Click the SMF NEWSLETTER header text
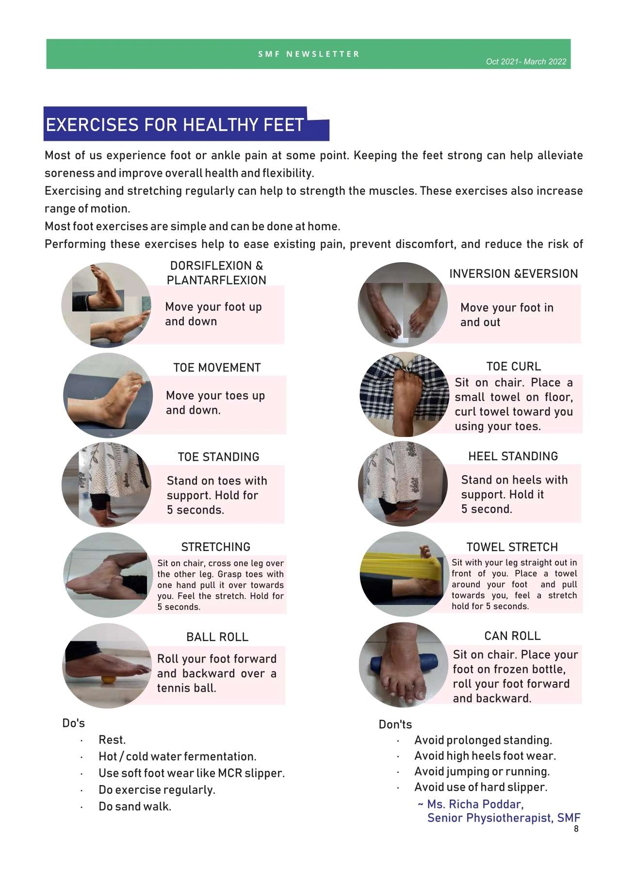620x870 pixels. pyautogui.click(x=309, y=54)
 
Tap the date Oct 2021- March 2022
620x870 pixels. pyautogui.click(x=526, y=62)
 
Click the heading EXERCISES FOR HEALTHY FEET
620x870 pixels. pyautogui.click(x=175, y=125)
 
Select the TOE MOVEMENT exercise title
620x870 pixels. pyautogui.click(x=217, y=368)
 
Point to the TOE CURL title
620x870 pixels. pyautogui.click(x=513, y=366)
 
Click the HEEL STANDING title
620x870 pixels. pyautogui.click(x=513, y=456)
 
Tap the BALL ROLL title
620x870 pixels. pyautogui.click(x=217, y=636)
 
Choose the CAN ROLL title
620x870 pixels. pyautogui.click(x=512, y=636)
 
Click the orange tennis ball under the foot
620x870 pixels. pyautogui.click(x=108, y=679)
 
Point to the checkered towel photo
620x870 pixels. pyautogui.click(x=404, y=394)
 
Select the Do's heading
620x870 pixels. pyautogui.click(x=73, y=723)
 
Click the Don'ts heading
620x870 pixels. pyautogui.click(x=395, y=724)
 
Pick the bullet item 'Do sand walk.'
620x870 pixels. pyautogui.click(x=135, y=806)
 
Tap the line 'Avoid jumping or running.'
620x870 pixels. pyautogui.click(x=482, y=771)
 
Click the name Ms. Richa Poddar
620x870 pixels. pyautogui.click(x=475, y=804)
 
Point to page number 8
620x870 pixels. pyautogui.click(x=576, y=829)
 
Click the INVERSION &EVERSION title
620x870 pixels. pyautogui.click(x=513, y=273)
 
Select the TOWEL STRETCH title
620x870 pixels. pyautogui.click(x=512, y=547)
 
